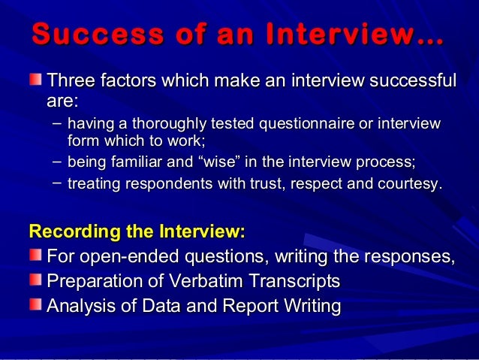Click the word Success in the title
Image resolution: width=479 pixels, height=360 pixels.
(x=82, y=35)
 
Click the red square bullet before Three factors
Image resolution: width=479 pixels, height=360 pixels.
(x=35, y=80)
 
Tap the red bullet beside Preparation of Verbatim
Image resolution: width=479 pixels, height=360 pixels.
(x=35, y=281)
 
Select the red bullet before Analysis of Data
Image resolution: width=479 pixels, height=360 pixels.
(x=35, y=306)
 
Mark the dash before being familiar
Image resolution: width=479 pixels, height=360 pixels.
(x=58, y=160)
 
